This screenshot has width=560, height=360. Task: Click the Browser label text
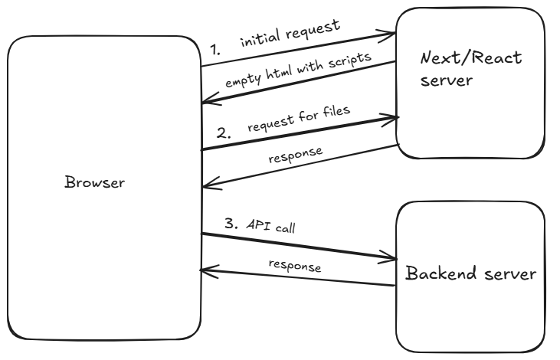pyautogui.click(x=95, y=182)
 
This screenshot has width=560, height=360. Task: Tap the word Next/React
pyautogui.click(x=471, y=58)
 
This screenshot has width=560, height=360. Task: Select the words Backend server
pyautogui.click(x=470, y=273)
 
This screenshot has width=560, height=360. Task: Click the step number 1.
pyautogui.click(x=215, y=50)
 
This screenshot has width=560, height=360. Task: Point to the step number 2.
pyautogui.click(x=223, y=133)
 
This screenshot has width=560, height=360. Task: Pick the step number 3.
pyautogui.click(x=231, y=224)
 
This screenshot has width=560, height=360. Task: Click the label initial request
pyautogui.click(x=290, y=33)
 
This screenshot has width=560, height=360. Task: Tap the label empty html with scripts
pyautogui.click(x=298, y=70)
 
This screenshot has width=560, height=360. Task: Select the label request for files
pyautogui.click(x=299, y=119)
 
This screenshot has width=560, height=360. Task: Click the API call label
pyautogui.click(x=270, y=227)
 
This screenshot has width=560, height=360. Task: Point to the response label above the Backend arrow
pyautogui.click(x=295, y=266)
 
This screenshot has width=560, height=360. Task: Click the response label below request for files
pyautogui.click(x=296, y=155)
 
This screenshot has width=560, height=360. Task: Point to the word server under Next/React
pyautogui.click(x=447, y=80)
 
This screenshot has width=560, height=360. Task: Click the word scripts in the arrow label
pyautogui.click(x=350, y=59)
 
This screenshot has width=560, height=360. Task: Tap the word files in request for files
pyautogui.click(x=336, y=111)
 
